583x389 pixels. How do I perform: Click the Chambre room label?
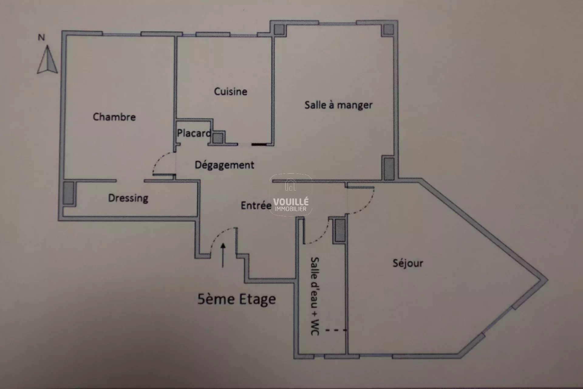(x=114, y=117)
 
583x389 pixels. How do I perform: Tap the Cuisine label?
(x=230, y=91)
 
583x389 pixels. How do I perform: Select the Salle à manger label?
(x=338, y=105)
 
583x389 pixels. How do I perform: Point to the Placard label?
(x=194, y=133)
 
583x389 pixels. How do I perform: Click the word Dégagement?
(x=224, y=165)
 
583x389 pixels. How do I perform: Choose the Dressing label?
(x=128, y=198)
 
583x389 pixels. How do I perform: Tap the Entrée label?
(x=256, y=205)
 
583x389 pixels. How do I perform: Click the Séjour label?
(x=408, y=263)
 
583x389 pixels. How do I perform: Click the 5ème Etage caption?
(x=237, y=299)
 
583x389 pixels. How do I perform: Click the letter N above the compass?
(x=41, y=37)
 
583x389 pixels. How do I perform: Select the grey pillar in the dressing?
(x=68, y=193)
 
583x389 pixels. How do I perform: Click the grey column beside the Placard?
(x=217, y=138)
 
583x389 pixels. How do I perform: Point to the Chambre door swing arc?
(x=157, y=164)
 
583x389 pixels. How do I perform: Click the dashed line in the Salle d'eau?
(x=336, y=330)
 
